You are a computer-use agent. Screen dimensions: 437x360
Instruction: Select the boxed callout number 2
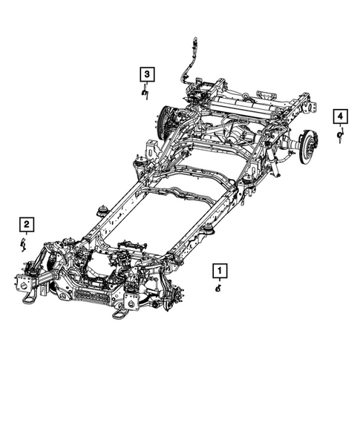tap(26, 223)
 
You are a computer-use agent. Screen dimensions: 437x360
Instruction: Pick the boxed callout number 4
tap(339, 116)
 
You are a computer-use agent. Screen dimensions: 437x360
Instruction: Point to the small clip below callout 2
tap(23, 243)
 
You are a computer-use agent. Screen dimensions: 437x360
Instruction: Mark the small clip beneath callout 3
tap(145, 92)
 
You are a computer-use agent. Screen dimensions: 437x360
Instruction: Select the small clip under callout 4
tap(340, 135)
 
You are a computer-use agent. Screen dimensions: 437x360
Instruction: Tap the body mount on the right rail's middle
tap(210, 231)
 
